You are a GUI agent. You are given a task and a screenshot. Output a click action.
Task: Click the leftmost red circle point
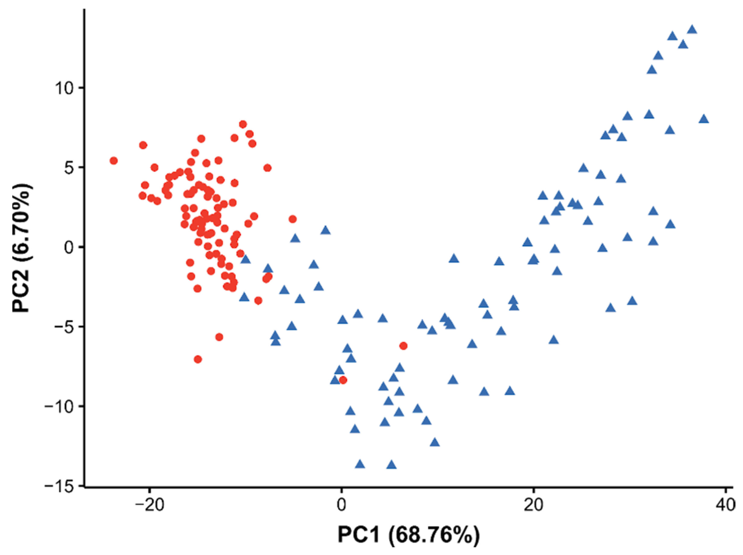click(114, 161)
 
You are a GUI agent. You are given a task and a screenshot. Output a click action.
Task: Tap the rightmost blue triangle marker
click(704, 119)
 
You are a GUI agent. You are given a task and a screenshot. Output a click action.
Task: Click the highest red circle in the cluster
click(243, 124)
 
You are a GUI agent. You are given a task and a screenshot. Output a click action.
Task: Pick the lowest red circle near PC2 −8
click(343, 380)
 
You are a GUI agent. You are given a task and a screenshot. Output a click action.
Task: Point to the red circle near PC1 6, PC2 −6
click(403, 346)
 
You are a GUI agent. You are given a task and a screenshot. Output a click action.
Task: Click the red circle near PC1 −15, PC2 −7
click(198, 359)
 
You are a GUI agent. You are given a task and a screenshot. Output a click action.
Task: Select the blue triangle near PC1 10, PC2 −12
click(435, 442)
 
